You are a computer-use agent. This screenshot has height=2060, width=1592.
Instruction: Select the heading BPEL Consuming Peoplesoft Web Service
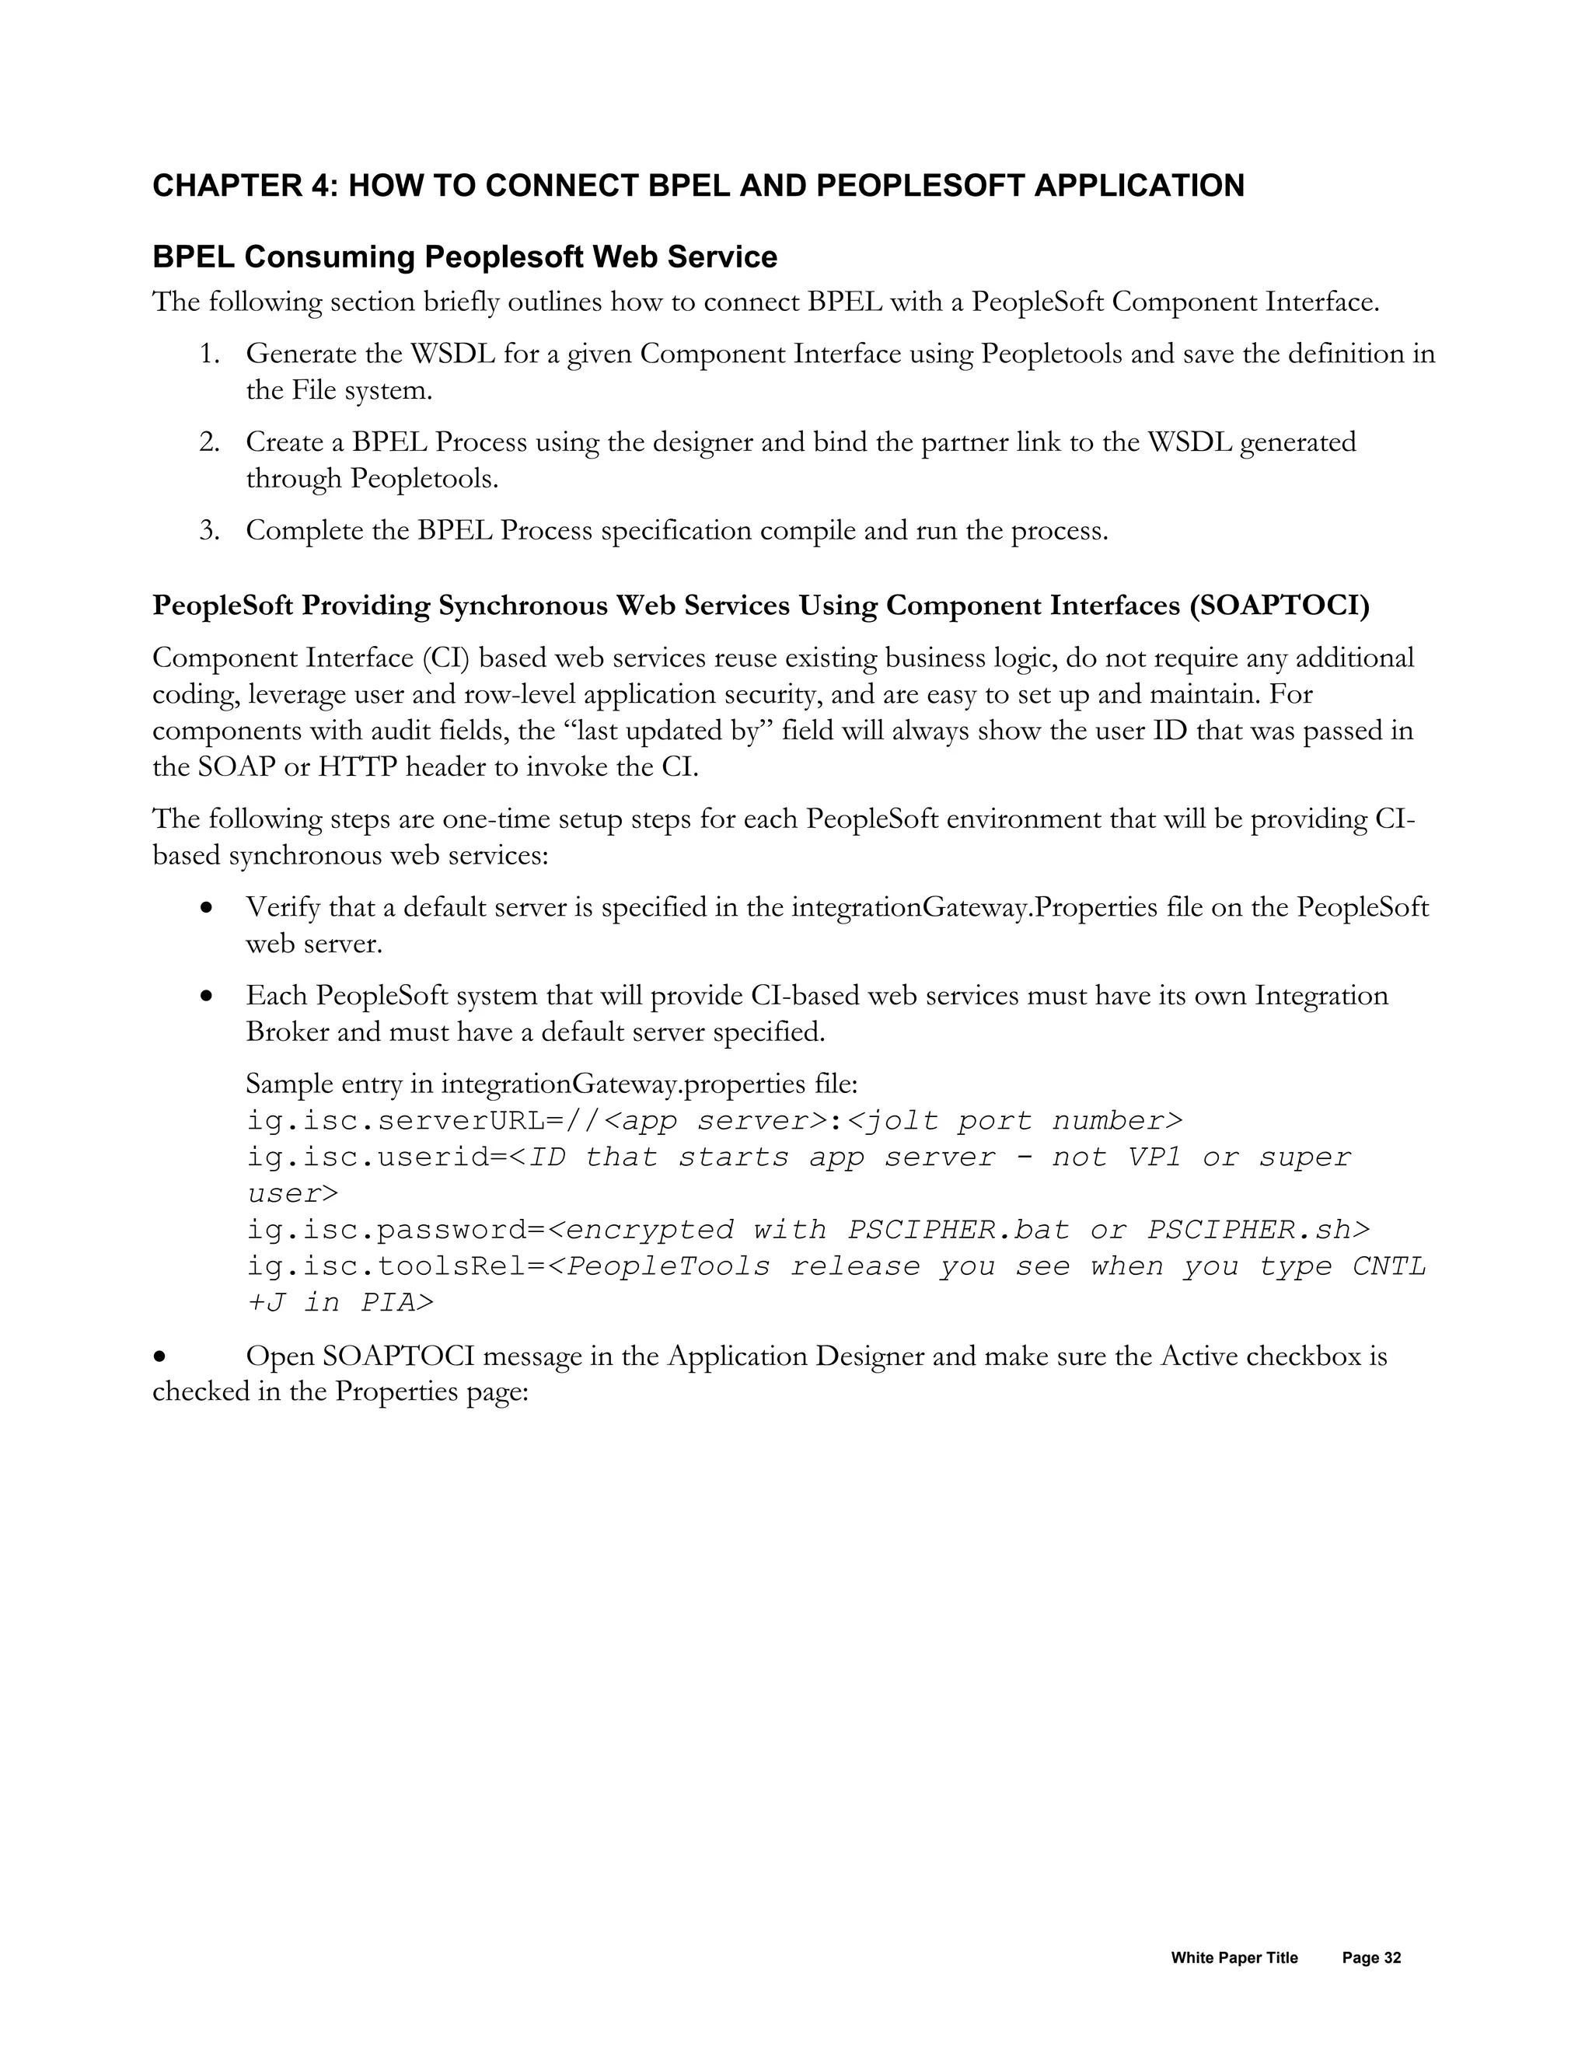pyautogui.click(x=464, y=257)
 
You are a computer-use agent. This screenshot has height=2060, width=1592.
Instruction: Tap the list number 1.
pyautogui.click(x=208, y=354)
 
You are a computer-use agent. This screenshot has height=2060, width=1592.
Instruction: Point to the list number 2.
pyautogui.click(x=208, y=442)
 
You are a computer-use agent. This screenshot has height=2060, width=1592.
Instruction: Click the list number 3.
pyautogui.click(x=208, y=531)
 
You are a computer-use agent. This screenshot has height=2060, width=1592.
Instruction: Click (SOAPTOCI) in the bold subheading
pyautogui.click(x=1279, y=606)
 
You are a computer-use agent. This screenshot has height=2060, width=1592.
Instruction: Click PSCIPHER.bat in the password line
pyautogui.click(x=959, y=1230)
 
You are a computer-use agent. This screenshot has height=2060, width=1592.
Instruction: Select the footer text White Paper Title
pyautogui.click(x=1234, y=1958)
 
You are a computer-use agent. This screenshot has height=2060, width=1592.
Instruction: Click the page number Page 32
pyautogui.click(x=1371, y=1958)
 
